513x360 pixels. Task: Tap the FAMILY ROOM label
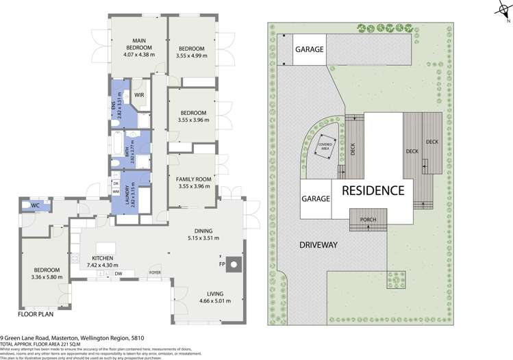point(192,179)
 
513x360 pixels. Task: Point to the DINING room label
point(202,231)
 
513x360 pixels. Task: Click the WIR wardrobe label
point(138,95)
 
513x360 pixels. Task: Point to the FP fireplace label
point(221,262)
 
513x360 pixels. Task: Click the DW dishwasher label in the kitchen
point(119,273)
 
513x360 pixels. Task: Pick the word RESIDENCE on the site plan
point(373,191)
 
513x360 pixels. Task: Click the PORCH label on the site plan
point(368,219)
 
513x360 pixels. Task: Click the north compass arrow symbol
point(499,12)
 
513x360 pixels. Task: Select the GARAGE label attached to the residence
point(316,198)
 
